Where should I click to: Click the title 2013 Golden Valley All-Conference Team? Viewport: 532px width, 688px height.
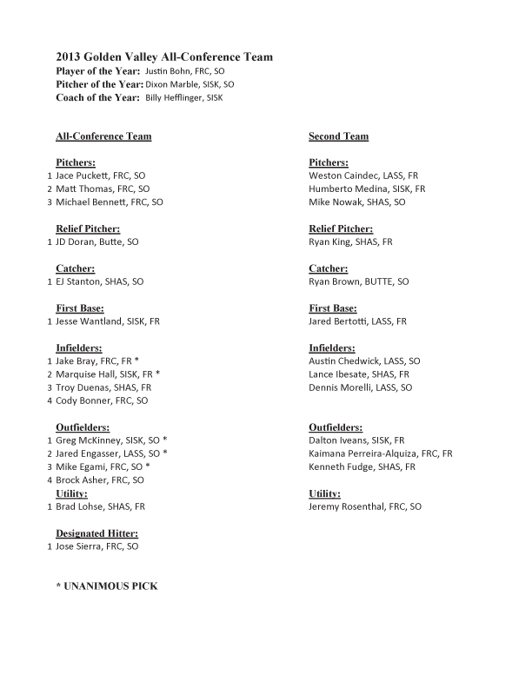click(x=164, y=57)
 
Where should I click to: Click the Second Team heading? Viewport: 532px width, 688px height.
click(x=338, y=136)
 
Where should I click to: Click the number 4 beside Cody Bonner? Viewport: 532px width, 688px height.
click(x=49, y=400)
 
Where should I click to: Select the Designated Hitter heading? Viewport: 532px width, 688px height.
click(x=96, y=533)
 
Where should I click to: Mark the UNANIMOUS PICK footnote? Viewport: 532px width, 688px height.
click(x=107, y=586)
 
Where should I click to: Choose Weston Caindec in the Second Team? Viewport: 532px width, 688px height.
click(x=363, y=175)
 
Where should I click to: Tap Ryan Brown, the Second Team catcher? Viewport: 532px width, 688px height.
click(x=358, y=282)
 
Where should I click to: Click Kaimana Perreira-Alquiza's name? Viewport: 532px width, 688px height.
click(x=381, y=453)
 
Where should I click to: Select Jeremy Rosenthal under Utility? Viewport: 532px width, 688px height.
click(x=365, y=506)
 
